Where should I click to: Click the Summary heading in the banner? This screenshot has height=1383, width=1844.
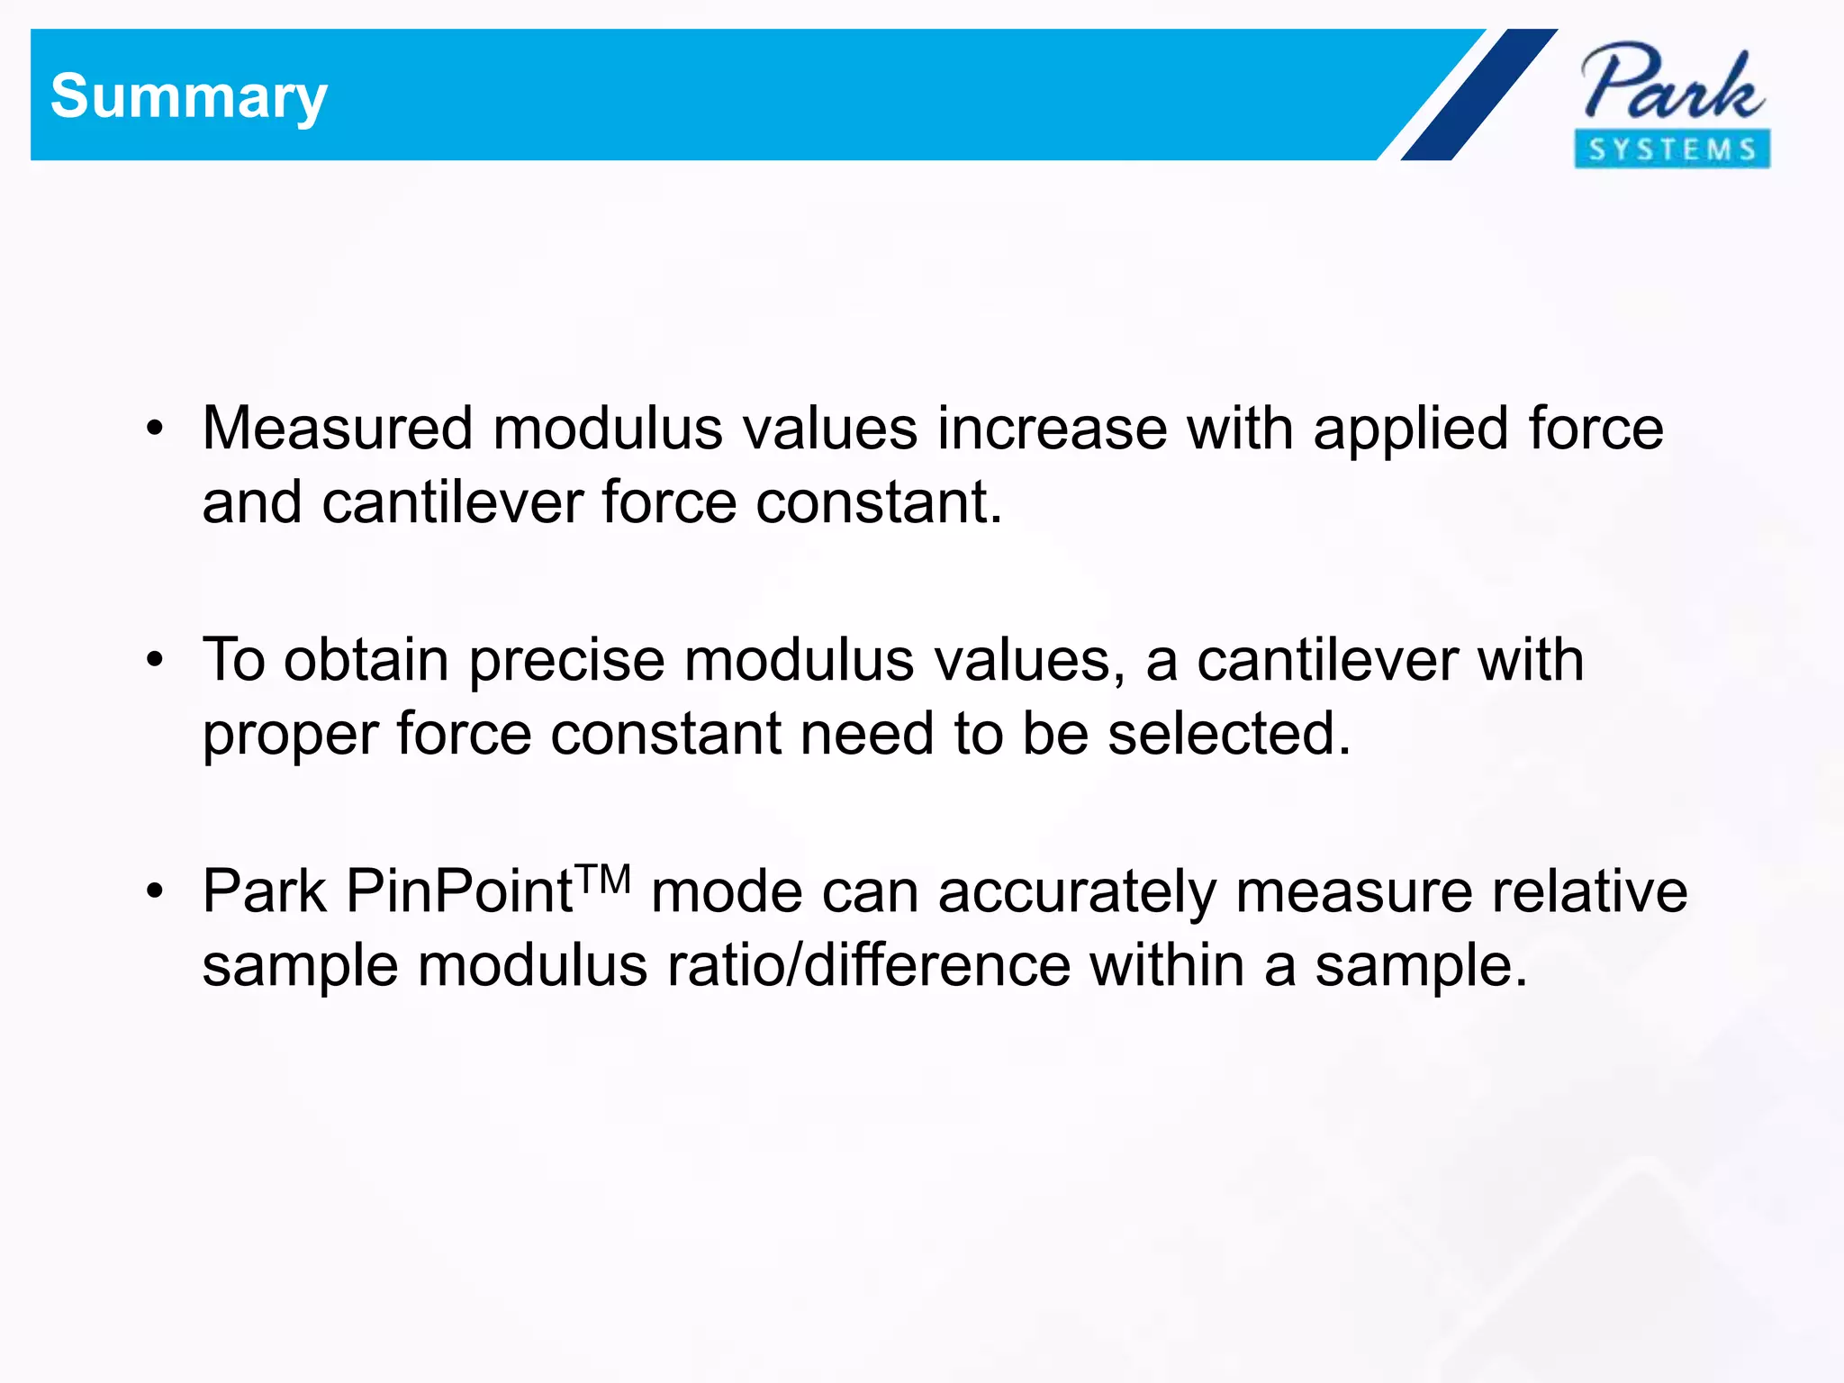(x=188, y=96)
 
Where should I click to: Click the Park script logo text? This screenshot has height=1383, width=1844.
(x=1672, y=83)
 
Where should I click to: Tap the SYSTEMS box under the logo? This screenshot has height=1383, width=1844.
(x=1672, y=149)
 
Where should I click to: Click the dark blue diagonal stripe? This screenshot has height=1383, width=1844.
(x=1478, y=95)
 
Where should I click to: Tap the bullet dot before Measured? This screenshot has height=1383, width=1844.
(x=155, y=429)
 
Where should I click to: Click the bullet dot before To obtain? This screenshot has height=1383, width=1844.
(x=155, y=660)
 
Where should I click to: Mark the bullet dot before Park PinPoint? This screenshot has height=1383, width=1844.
(x=155, y=891)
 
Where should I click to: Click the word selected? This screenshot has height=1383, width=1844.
(x=1229, y=733)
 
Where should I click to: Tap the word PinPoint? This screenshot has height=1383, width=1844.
(x=459, y=891)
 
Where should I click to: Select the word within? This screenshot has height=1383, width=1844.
(x=1166, y=965)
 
